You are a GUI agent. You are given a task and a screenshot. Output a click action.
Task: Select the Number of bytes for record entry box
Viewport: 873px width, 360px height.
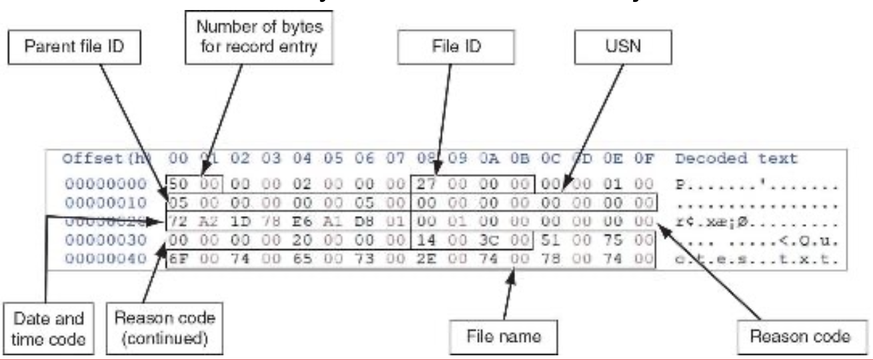[259, 37]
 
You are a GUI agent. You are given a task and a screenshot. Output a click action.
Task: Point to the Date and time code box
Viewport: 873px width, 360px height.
[44, 329]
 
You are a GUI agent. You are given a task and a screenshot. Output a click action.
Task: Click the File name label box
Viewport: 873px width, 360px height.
[503, 337]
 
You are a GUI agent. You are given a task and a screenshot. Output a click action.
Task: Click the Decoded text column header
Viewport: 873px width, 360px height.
[736, 159]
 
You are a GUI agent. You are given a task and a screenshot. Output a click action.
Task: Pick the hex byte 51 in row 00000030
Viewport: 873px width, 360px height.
[544, 240]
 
